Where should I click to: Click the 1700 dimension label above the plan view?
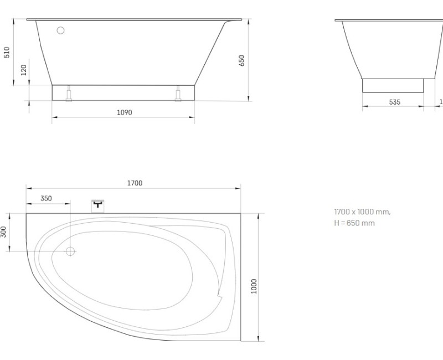coord(134,183)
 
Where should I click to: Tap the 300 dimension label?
coord(4,232)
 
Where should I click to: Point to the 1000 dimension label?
coord(254,286)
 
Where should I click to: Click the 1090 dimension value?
coord(124,112)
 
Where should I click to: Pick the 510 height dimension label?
coord(7,52)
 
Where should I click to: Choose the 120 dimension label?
coord(23,71)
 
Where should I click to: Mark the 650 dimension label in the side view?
coord(241,60)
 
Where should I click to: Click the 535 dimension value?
coord(394,102)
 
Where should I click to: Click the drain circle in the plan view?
coord(70,251)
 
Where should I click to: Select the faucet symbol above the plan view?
coord(98,205)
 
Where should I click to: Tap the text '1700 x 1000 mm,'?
coord(362,212)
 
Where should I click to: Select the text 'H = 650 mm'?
coord(354,223)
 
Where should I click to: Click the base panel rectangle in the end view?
coord(393,85)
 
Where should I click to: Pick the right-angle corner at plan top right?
coord(241,213)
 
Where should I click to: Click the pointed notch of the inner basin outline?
coord(220,296)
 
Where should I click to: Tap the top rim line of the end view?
coord(388,20)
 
